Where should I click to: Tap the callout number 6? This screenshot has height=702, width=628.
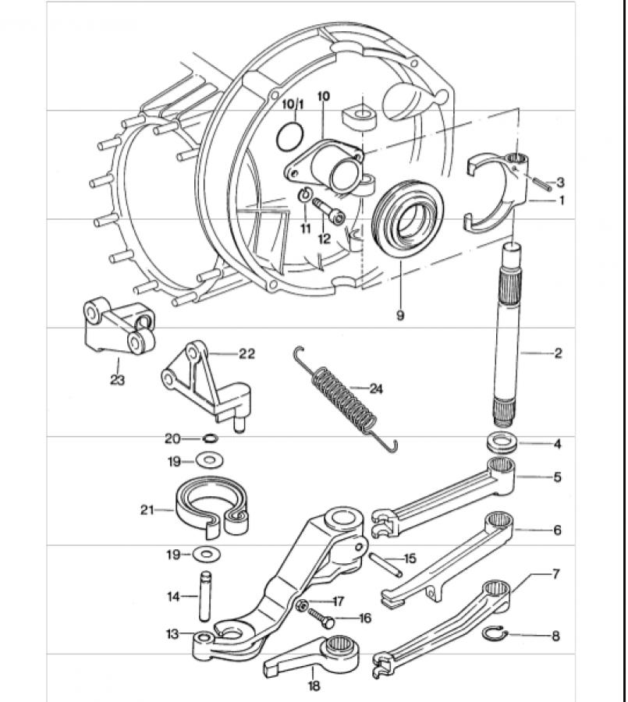557,530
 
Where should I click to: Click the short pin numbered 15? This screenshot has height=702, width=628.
385,563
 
